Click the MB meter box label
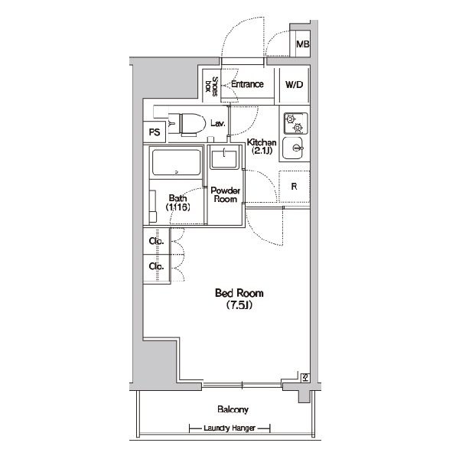click(x=302, y=44)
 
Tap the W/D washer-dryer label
click(x=295, y=85)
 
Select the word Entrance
click(x=247, y=84)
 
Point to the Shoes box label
click(x=211, y=86)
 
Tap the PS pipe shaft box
click(x=155, y=132)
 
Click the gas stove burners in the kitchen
click(x=295, y=123)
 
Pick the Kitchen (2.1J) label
click(x=262, y=146)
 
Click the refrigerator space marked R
click(x=294, y=186)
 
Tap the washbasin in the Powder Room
click(x=224, y=159)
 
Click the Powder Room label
click(x=226, y=195)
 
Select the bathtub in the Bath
click(x=177, y=163)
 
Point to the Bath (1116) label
click(x=177, y=203)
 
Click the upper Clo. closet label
click(x=156, y=241)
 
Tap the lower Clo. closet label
click(x=156, y=266)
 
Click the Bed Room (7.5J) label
click(x=239, y=299)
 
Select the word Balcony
click(x=233, y=409)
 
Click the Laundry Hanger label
click(x=229, y=428)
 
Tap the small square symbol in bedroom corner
click(x=305, y=378)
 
